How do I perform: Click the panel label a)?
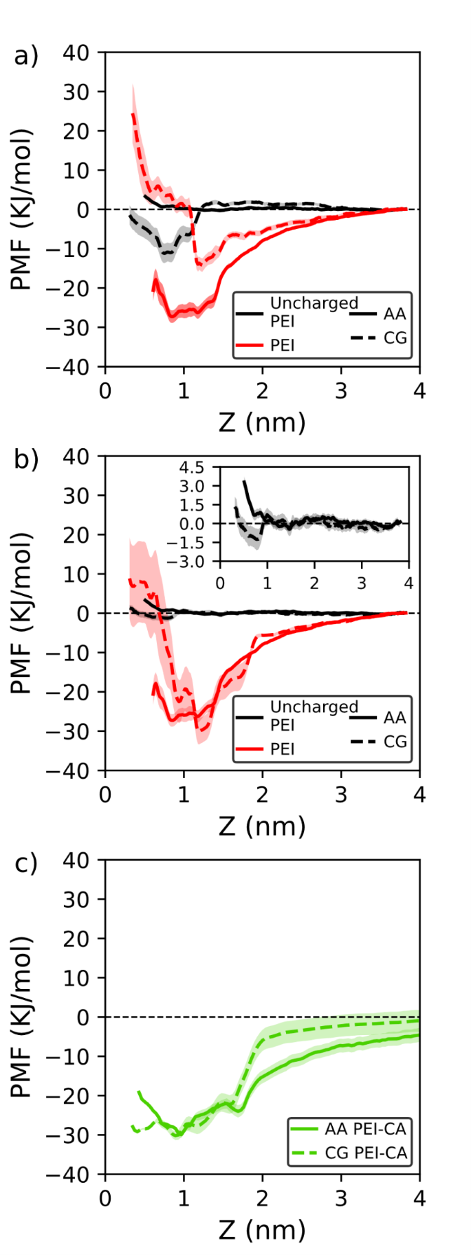click(x=26, y=56)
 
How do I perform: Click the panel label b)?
click(x=26, y=459)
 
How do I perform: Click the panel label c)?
click(x=26, y=863)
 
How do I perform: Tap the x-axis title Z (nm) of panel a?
click(x=262, y=422)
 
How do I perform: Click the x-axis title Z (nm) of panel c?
click(x=262, y=1230)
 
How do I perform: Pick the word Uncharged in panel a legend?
click(x=314, y=303)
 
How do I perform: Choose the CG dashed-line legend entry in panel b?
click(x=379, y=742)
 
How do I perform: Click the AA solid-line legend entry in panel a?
click(x=379, y=314)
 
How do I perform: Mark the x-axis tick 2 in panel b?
click(x=262, y=795)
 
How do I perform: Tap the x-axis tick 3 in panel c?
click(x=341, y=1199)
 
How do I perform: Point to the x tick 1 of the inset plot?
click(x=267, y=584)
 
